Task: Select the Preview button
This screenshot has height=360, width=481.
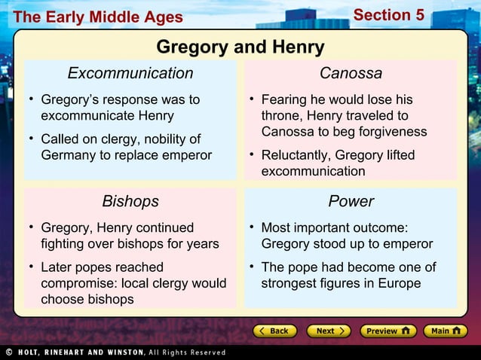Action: coord(388,331)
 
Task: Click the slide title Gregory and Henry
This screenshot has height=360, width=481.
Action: coord(240,47)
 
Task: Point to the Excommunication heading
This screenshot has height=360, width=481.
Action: coord(130,73)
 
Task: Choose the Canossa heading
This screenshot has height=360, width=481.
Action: coord(351,73)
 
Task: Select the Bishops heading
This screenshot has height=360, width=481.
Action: coord(130,201)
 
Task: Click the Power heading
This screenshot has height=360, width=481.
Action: coord(351,201)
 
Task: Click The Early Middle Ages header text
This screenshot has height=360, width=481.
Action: coord(97,17)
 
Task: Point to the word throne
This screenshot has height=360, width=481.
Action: coord(281,116)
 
